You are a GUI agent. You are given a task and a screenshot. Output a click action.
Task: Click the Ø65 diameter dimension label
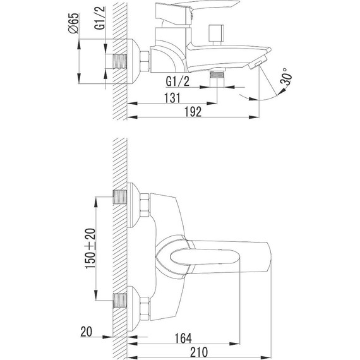[74, 23]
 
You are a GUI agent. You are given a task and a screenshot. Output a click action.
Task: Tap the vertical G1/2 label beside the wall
[100, 18]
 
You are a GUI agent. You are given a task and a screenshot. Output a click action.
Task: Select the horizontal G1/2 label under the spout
[177, 81]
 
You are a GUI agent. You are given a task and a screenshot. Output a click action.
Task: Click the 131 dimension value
[172, 98]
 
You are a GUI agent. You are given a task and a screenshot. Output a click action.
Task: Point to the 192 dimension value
[193, 112]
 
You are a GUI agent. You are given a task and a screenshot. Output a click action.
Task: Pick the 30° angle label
[286, 76]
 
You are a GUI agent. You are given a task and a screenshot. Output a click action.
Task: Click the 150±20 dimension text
[90, 248]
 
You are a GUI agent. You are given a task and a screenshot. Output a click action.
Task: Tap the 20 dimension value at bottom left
[87, 332]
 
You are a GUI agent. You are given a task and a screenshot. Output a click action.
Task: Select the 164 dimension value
[183, 338]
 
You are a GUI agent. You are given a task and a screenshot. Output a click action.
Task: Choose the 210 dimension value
[199, 352]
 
